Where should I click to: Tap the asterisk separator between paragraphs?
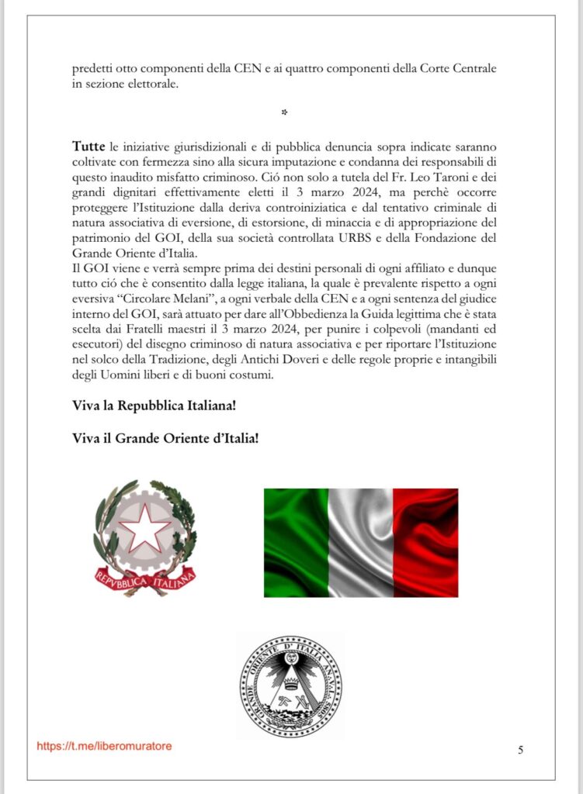[x=284, y=112]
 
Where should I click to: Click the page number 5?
[x=520, y=749]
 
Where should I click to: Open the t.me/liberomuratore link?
[x=104, y=746]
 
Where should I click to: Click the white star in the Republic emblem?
[x=144, y=534]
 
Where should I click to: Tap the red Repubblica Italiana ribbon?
[x=144, y=578]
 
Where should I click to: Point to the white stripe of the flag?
[x=361, y=542]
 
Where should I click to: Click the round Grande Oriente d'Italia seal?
[x=290, y=685]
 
